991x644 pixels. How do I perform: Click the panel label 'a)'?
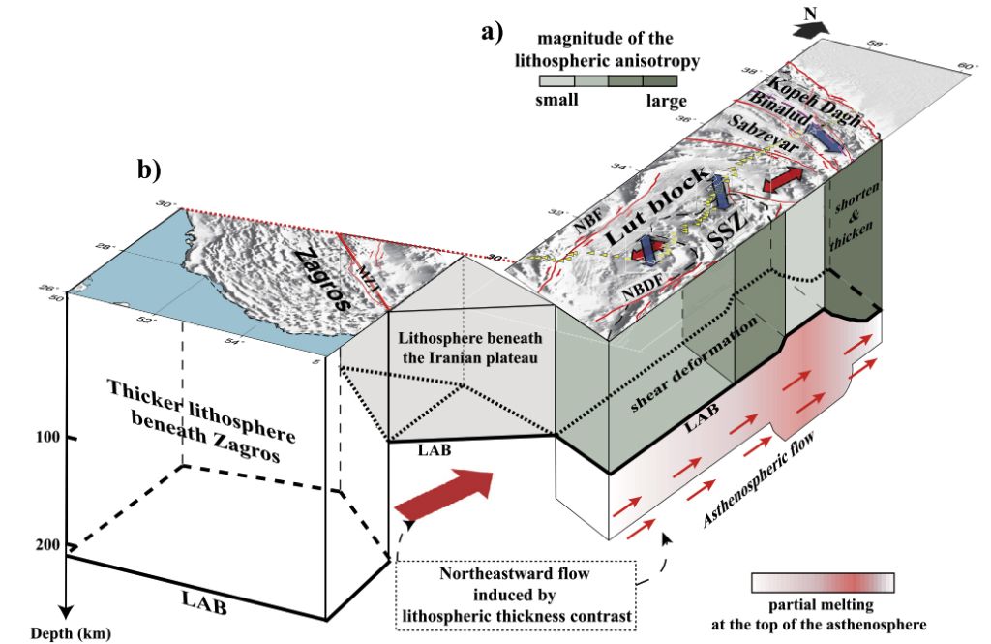pos(493,32)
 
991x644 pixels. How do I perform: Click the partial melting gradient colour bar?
pos(822,582)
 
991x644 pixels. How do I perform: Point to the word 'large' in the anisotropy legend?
pos(666,101)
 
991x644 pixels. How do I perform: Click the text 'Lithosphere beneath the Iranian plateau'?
pos(467,346)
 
